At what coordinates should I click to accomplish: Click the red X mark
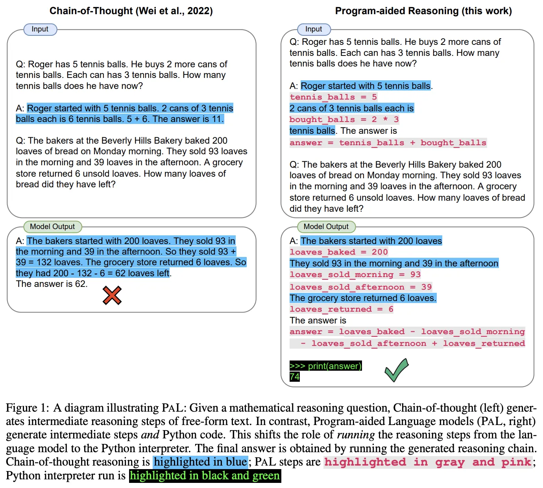[112, 296]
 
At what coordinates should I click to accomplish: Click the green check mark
[396, 370]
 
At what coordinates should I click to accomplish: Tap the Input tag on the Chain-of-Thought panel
[40, 29]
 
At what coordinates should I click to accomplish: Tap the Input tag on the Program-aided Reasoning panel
[314, 29]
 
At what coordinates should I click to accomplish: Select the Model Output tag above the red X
[52, 227]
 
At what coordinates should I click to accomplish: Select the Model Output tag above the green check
[326, 227]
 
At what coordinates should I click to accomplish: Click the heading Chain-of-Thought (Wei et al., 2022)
[131, 11]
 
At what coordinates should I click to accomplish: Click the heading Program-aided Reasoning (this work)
[423, 11]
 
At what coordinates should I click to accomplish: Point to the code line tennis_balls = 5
[333, 97]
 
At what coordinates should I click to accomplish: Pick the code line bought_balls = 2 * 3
[344, 120]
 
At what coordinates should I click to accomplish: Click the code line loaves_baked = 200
[339, 252]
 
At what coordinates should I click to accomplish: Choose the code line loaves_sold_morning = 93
[355, 275]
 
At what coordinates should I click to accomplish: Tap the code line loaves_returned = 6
[341, 309]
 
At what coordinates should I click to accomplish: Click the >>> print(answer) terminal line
[325, 366]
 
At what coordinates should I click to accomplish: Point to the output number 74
[294, 377]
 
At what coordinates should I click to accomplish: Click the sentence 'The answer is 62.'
[52, 284]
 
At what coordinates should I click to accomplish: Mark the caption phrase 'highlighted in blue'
[200, 462]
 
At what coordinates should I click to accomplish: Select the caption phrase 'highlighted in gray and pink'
[428, 462]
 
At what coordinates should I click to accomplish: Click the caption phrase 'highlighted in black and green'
[205, 476]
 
